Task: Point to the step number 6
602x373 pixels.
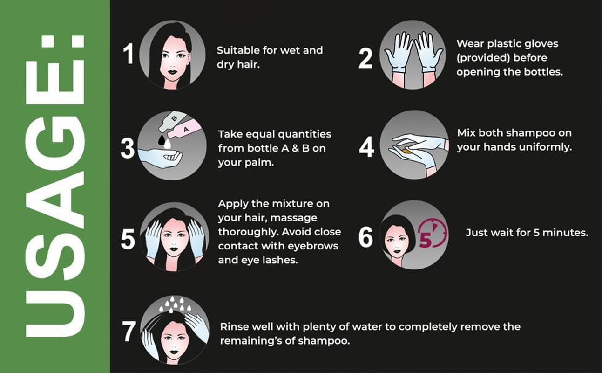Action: [x=365, y=237]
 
